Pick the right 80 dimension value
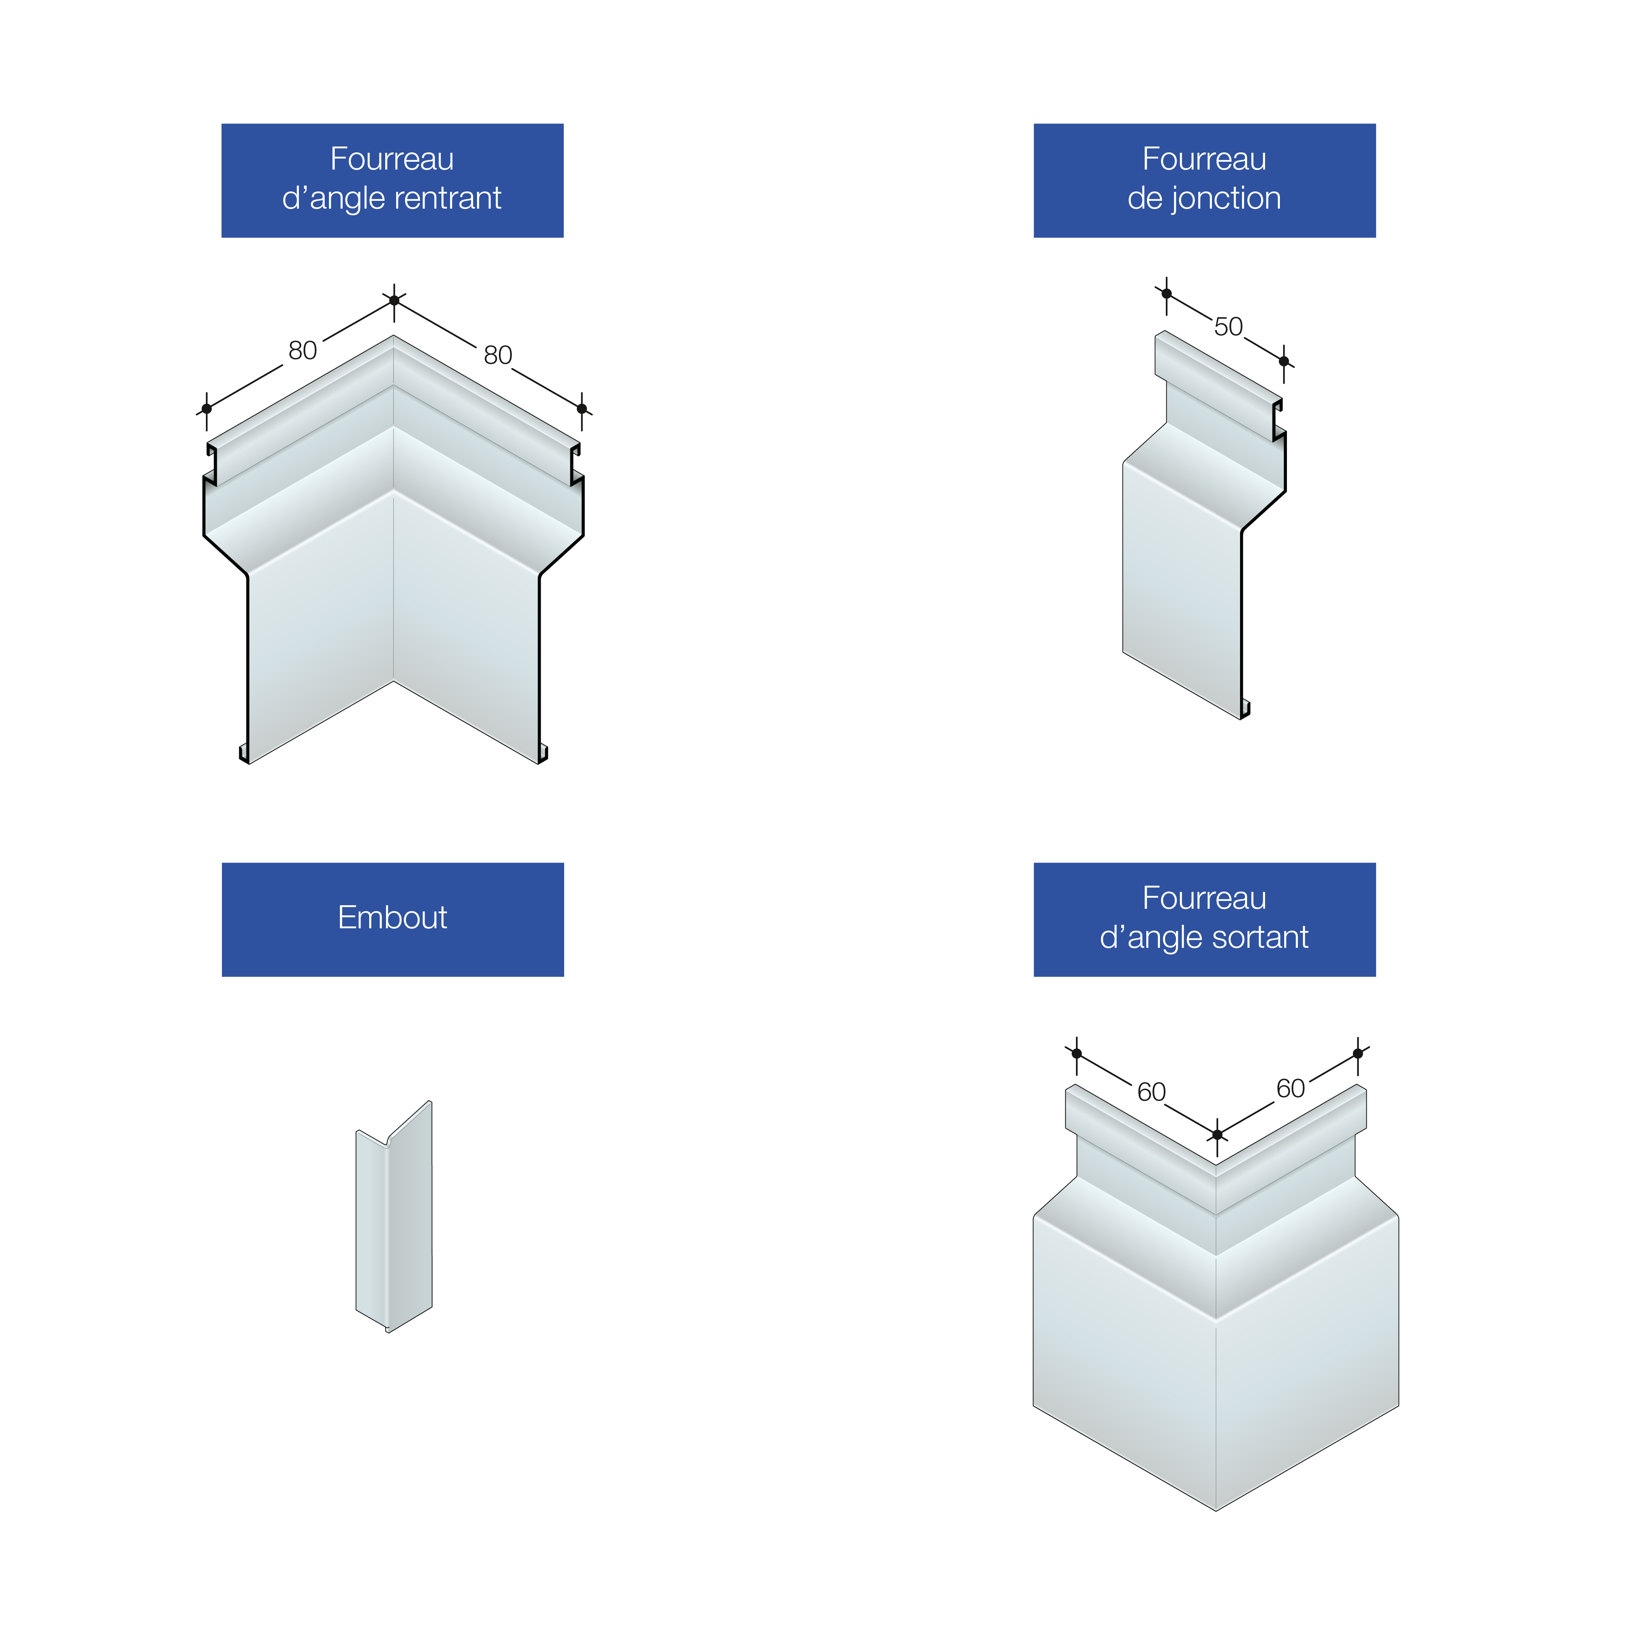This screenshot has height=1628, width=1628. click(498, 355)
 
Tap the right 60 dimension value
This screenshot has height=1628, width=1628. click(1291, 1089)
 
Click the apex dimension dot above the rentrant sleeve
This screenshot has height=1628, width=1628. click(394, 300)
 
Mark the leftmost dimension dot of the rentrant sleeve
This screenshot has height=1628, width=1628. click(206, 409)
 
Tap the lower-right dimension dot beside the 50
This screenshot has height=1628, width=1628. click(1284, 361)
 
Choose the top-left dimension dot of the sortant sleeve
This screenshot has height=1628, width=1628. click(1077, 1053)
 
